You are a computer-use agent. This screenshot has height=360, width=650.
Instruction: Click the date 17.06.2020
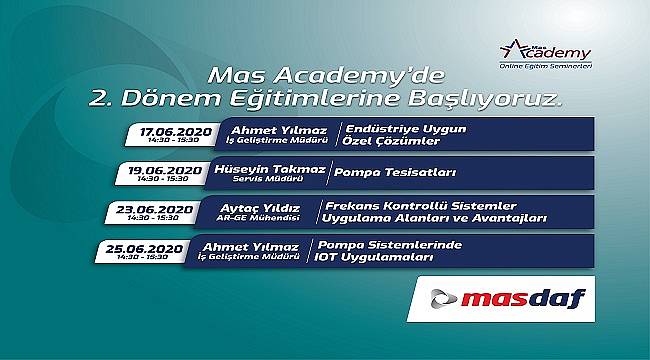point(176,132)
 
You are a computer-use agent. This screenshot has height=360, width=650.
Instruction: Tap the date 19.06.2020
point(165,170)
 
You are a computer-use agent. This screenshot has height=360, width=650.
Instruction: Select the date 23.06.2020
point(155,209)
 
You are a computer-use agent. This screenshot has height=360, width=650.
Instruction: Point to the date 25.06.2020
point(144,249)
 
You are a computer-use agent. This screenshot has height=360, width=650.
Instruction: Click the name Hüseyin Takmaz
point(270,169)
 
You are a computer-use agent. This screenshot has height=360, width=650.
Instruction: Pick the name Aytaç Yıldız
point(260,208)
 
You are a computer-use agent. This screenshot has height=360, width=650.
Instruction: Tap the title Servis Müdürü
point(268,179)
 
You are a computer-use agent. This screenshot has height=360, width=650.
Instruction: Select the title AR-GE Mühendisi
point(258,218)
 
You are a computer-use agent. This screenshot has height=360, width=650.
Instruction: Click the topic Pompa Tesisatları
point(395,172)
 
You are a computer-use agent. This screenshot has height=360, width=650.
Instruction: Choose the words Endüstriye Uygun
point(406,129)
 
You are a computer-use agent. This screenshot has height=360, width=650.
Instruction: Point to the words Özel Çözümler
point(391,141)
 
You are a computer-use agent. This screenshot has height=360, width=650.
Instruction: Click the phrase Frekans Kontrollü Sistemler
point(421,206)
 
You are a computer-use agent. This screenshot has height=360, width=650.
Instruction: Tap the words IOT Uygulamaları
point(374,258)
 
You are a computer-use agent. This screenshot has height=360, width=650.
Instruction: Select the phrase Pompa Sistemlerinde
point(390,245)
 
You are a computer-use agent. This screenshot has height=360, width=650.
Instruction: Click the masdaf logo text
point(523,298)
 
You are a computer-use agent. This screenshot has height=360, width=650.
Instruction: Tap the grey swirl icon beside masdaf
point(444,299)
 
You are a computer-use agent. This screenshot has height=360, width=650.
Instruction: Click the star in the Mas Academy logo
point(513,50)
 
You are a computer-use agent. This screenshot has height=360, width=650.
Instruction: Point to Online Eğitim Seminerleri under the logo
point(546,66)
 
